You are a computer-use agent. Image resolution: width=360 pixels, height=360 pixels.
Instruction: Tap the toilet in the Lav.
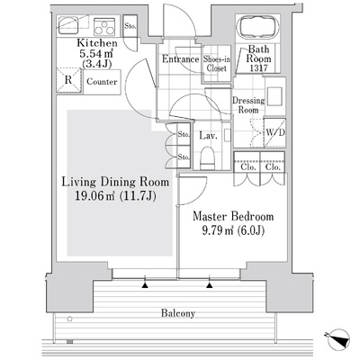point(208,157)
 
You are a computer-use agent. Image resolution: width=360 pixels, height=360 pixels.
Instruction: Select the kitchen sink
point(68,25)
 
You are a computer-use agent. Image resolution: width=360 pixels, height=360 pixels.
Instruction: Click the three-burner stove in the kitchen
point(104,26)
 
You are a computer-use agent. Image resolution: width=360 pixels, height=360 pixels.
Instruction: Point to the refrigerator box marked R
point(68,80)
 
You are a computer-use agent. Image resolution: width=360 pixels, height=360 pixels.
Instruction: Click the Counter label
point(102,82)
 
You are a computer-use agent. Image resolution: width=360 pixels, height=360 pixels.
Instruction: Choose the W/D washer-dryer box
point(274,132)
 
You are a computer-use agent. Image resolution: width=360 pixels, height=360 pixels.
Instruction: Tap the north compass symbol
point(339,339)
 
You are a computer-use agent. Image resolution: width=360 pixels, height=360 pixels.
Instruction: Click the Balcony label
point(178,313)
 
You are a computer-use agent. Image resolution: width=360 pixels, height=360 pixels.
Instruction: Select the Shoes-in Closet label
point(217,63)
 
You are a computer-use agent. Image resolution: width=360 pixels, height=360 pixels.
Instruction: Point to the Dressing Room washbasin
point(274,96)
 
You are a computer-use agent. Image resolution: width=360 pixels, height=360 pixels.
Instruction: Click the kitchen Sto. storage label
point(130,26)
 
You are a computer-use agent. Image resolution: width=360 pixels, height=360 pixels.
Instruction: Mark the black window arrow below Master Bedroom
point(210,285)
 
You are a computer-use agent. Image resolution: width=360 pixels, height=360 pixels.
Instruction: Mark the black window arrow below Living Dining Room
point(145,285)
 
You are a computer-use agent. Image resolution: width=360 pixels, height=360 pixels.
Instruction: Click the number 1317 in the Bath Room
point(258,68)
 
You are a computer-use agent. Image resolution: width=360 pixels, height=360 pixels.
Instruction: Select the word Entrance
point(181,59)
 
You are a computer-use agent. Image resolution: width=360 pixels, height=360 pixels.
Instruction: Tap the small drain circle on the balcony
point(70,319)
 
